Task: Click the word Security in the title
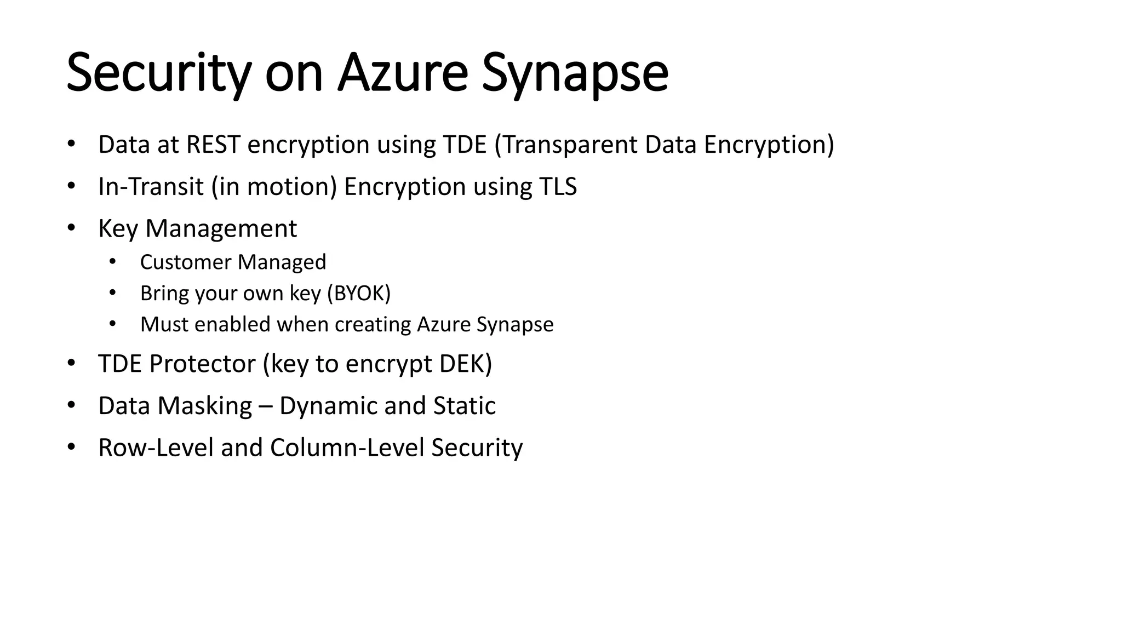(x=158, y=73)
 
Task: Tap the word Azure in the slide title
(x=403, y=73)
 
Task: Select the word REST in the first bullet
(x=213, y=145)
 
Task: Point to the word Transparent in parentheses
(x=570, y=145)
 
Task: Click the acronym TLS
(x=558, y=186)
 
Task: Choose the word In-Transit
(x=151, y=186)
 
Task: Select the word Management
(x=221, y=228)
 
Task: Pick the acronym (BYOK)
(x=359, y=293)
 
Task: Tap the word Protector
(x=202, y=364)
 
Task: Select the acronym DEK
(x=463, y=364)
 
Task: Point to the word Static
(x=464, y=406)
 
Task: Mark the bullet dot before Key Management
(x=71, y=228)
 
